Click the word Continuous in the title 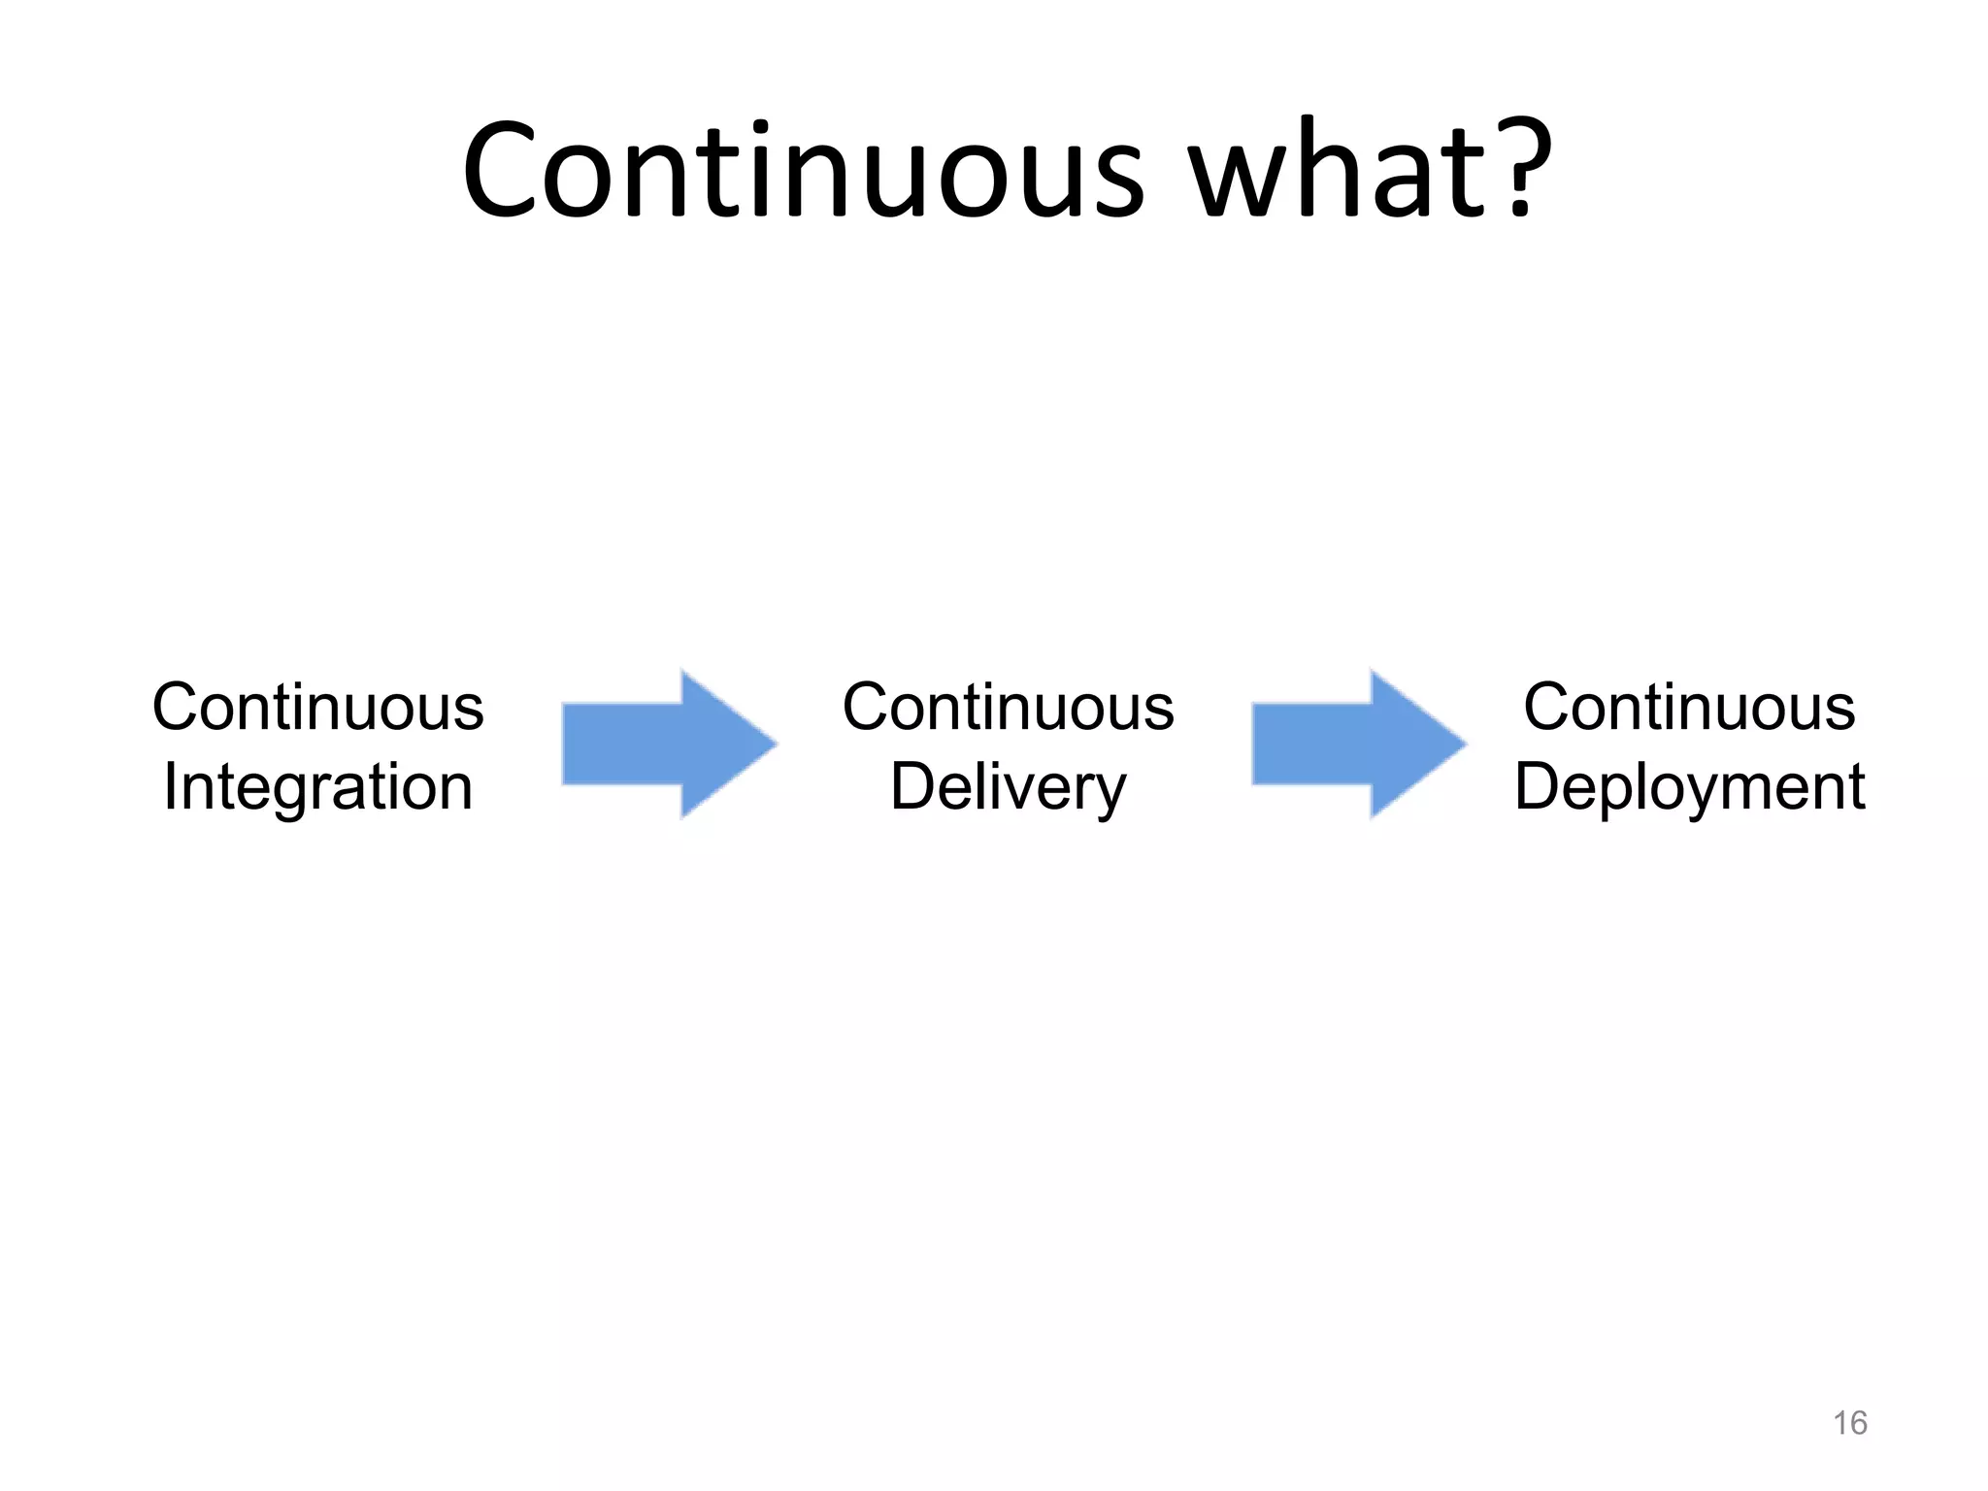click(x=804, y=171)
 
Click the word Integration click(x=318, y=786)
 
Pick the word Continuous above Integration click(x=318, y=707)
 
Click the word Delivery click(x=1008, y=786)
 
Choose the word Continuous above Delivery click(x=1008, y=707)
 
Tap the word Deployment click(x=1689, y=786)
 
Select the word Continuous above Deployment click(x=1689, y=707)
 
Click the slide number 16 click(x=1849, y=1423)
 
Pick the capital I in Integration click(x=170, y=786)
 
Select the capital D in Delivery click(x=912, y=786)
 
